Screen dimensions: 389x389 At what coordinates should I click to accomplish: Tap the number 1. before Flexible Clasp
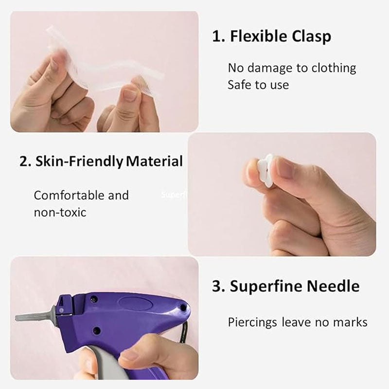pos(218,36)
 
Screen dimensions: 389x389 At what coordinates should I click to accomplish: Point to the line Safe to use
pos(258,85)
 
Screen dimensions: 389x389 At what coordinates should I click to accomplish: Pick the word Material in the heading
pos(154,161)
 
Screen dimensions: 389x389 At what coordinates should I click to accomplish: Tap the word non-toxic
pos(60,212)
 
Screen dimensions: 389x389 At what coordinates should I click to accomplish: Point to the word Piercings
pos(253,322)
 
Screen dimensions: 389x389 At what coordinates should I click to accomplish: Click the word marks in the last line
pos(351,322)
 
